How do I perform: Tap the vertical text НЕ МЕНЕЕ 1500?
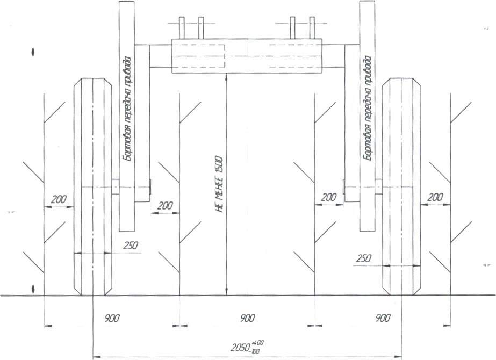[x=220, y=184]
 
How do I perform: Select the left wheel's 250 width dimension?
[x=131, y=246]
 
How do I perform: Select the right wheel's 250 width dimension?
[x=363, y=258]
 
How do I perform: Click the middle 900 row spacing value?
[x=247, y=318]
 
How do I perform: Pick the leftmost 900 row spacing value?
[x=112, y=318]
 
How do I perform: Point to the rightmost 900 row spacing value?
[x=383, y=318]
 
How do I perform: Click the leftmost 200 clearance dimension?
[x=59, y=199]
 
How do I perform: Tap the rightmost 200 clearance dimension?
[x=435, y=197]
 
